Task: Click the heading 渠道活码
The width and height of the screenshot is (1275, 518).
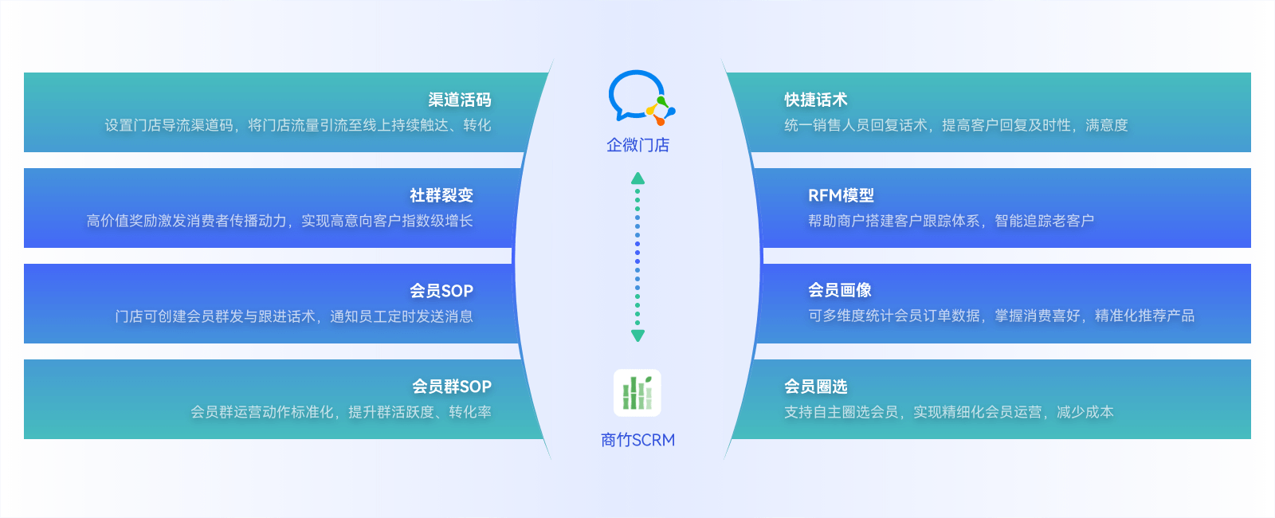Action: point(459,100)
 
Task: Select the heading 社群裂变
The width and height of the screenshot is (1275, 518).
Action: point(441,196)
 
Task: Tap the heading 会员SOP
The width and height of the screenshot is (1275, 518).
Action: point(441,292)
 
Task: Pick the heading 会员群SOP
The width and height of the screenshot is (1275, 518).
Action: point(451,387)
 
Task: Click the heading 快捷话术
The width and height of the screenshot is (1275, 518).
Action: point(816,100)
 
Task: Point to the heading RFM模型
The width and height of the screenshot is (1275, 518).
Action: point(841,196)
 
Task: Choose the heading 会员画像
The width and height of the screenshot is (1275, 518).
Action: point(840,291)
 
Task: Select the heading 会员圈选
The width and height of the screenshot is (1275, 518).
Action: point(816,387)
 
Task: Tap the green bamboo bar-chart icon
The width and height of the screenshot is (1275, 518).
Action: point(637,393)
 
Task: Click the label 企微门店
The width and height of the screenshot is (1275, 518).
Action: point(637,145)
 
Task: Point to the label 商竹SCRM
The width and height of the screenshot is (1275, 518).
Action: point(637,440)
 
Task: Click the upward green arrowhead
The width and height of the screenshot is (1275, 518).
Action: point(637,179)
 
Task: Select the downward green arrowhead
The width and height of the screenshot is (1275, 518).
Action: point(637,336)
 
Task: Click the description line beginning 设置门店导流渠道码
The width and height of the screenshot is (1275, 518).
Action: point(298,125)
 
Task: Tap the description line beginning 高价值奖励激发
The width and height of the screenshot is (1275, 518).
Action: point(280,221)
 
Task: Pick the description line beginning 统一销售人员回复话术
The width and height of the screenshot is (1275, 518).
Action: point(956,125)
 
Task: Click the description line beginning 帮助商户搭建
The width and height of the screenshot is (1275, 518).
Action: point(951,221)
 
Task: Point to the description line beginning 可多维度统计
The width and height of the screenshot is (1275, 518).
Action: point(1001,316)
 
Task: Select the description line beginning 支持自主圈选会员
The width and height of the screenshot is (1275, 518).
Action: point(949,412)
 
